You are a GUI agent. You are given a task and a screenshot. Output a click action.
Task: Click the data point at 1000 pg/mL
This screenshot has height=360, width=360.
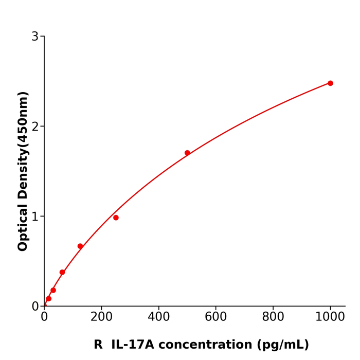coord(330,83)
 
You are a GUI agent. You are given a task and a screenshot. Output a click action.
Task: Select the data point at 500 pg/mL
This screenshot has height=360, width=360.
coord(187,153)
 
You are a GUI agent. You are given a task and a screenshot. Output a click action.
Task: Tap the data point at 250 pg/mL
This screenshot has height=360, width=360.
coord(116,218)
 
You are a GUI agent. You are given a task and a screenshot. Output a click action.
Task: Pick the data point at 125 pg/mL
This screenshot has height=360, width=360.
coord(80,246)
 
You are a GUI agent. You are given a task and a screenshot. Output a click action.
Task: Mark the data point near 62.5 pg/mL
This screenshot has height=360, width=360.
coord(62,272)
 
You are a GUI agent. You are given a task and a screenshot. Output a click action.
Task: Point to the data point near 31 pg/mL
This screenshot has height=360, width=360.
coord(53,290)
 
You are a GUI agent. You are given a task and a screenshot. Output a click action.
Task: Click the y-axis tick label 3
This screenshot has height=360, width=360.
coord(35,37)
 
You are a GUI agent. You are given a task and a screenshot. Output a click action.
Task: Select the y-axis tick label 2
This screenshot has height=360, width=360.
coord(35,127)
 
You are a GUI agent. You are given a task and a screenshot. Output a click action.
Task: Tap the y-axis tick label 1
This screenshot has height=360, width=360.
coord(35,217)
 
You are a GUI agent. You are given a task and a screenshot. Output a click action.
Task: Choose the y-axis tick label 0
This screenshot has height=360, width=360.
coord(35,307)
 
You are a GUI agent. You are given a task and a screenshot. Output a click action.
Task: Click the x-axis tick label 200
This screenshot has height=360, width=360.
coord(101,317)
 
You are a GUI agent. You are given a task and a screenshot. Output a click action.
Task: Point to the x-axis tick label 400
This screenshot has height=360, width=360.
coord(158,317)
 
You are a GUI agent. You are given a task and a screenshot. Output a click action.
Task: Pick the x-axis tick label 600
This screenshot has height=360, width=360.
coord(215,317)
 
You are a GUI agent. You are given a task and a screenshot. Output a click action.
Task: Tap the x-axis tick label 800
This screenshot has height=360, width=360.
coord(273,317)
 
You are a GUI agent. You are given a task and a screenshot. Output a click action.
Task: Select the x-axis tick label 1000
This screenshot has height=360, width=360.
coord(330,317)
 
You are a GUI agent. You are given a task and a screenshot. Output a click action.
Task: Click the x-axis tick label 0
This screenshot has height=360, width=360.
coord(44,317)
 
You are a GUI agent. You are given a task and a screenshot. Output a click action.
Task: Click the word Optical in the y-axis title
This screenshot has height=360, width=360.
coord(23,227)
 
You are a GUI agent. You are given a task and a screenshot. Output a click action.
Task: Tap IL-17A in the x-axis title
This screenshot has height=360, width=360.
coord(132,345)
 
